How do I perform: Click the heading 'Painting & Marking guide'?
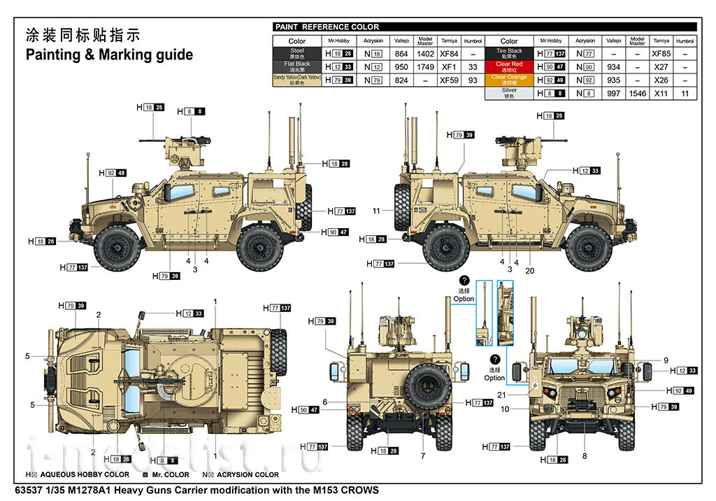pos(109,55)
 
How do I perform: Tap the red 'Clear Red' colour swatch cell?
pos(508,66)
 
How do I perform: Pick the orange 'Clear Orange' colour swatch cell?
pos(508,80)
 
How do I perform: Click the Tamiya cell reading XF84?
pos(448,54)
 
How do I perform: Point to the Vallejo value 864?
pos(401,54)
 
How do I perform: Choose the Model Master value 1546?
pos(636,93)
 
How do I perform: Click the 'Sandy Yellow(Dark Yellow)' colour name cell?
pos(297,80)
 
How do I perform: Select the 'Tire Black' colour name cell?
pos(508,54)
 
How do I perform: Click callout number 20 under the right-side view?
pos(529,271)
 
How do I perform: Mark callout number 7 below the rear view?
pos(422,456)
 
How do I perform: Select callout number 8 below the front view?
pos(585,456)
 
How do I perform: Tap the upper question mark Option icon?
pos(464,281)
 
